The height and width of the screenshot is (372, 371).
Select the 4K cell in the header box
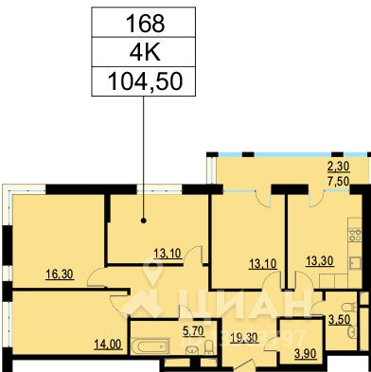click(140, 50)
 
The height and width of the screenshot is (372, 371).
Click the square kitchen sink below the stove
click(357, 265)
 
